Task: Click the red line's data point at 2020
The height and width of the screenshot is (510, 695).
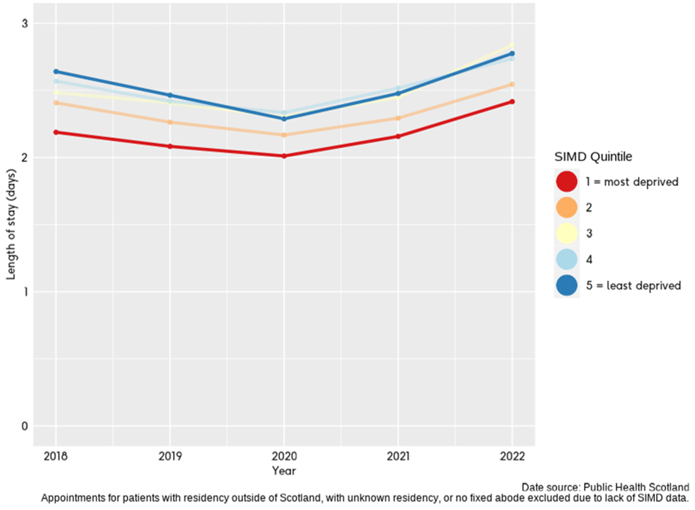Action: click(x=284, y=155)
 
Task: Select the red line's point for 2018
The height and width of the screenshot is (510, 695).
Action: click(x=55, y=132)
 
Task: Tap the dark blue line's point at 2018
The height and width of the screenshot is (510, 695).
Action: click(x=55, y=72)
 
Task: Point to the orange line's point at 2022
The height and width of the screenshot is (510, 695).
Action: click(x=512, y=84)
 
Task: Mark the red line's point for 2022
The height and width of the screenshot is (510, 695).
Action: click(x=512, y=101)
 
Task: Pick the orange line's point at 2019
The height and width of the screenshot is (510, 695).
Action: click(x=170, y=122)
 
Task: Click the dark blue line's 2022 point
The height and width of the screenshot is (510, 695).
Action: click(x=512, y=53)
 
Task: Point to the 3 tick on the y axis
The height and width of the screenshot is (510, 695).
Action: click(x=23, y=23)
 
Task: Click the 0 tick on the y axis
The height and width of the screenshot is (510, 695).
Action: click(x=23, y=426)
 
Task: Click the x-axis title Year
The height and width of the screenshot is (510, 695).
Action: click(x=284, y=471)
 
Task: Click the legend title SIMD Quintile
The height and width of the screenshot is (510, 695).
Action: click(x=593, y=156)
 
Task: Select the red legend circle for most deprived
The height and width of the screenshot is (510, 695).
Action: click(x=567, y=182)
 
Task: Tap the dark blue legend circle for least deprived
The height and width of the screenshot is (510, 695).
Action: click(x=567, y=285)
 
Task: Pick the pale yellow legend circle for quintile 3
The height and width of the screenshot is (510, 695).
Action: click(x=567, y=233)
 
